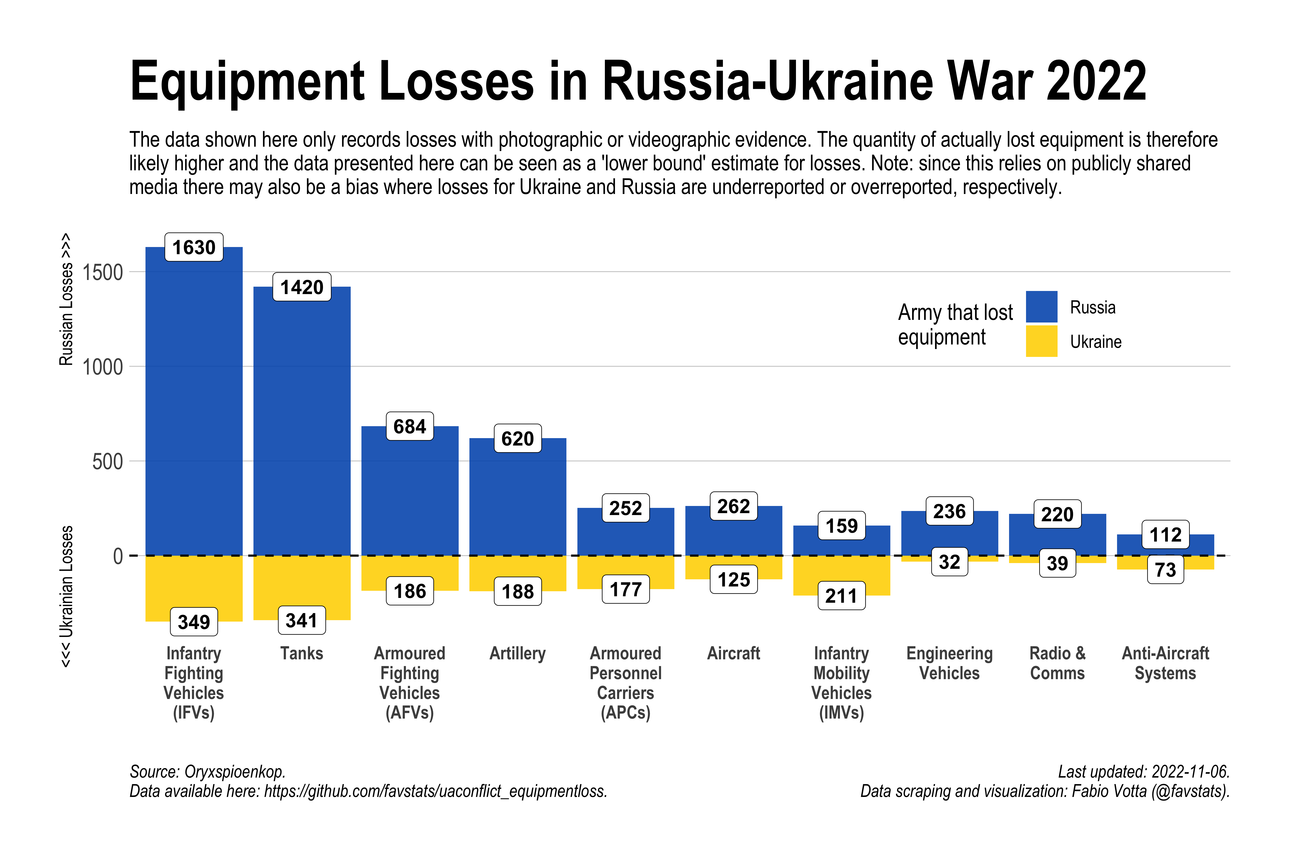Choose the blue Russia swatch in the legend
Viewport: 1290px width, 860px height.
[1041, 306]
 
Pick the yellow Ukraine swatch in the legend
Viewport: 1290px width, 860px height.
[1041, 341]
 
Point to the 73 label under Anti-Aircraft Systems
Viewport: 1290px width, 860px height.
[1166, 570]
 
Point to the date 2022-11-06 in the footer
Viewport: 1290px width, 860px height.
[1190, 772]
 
